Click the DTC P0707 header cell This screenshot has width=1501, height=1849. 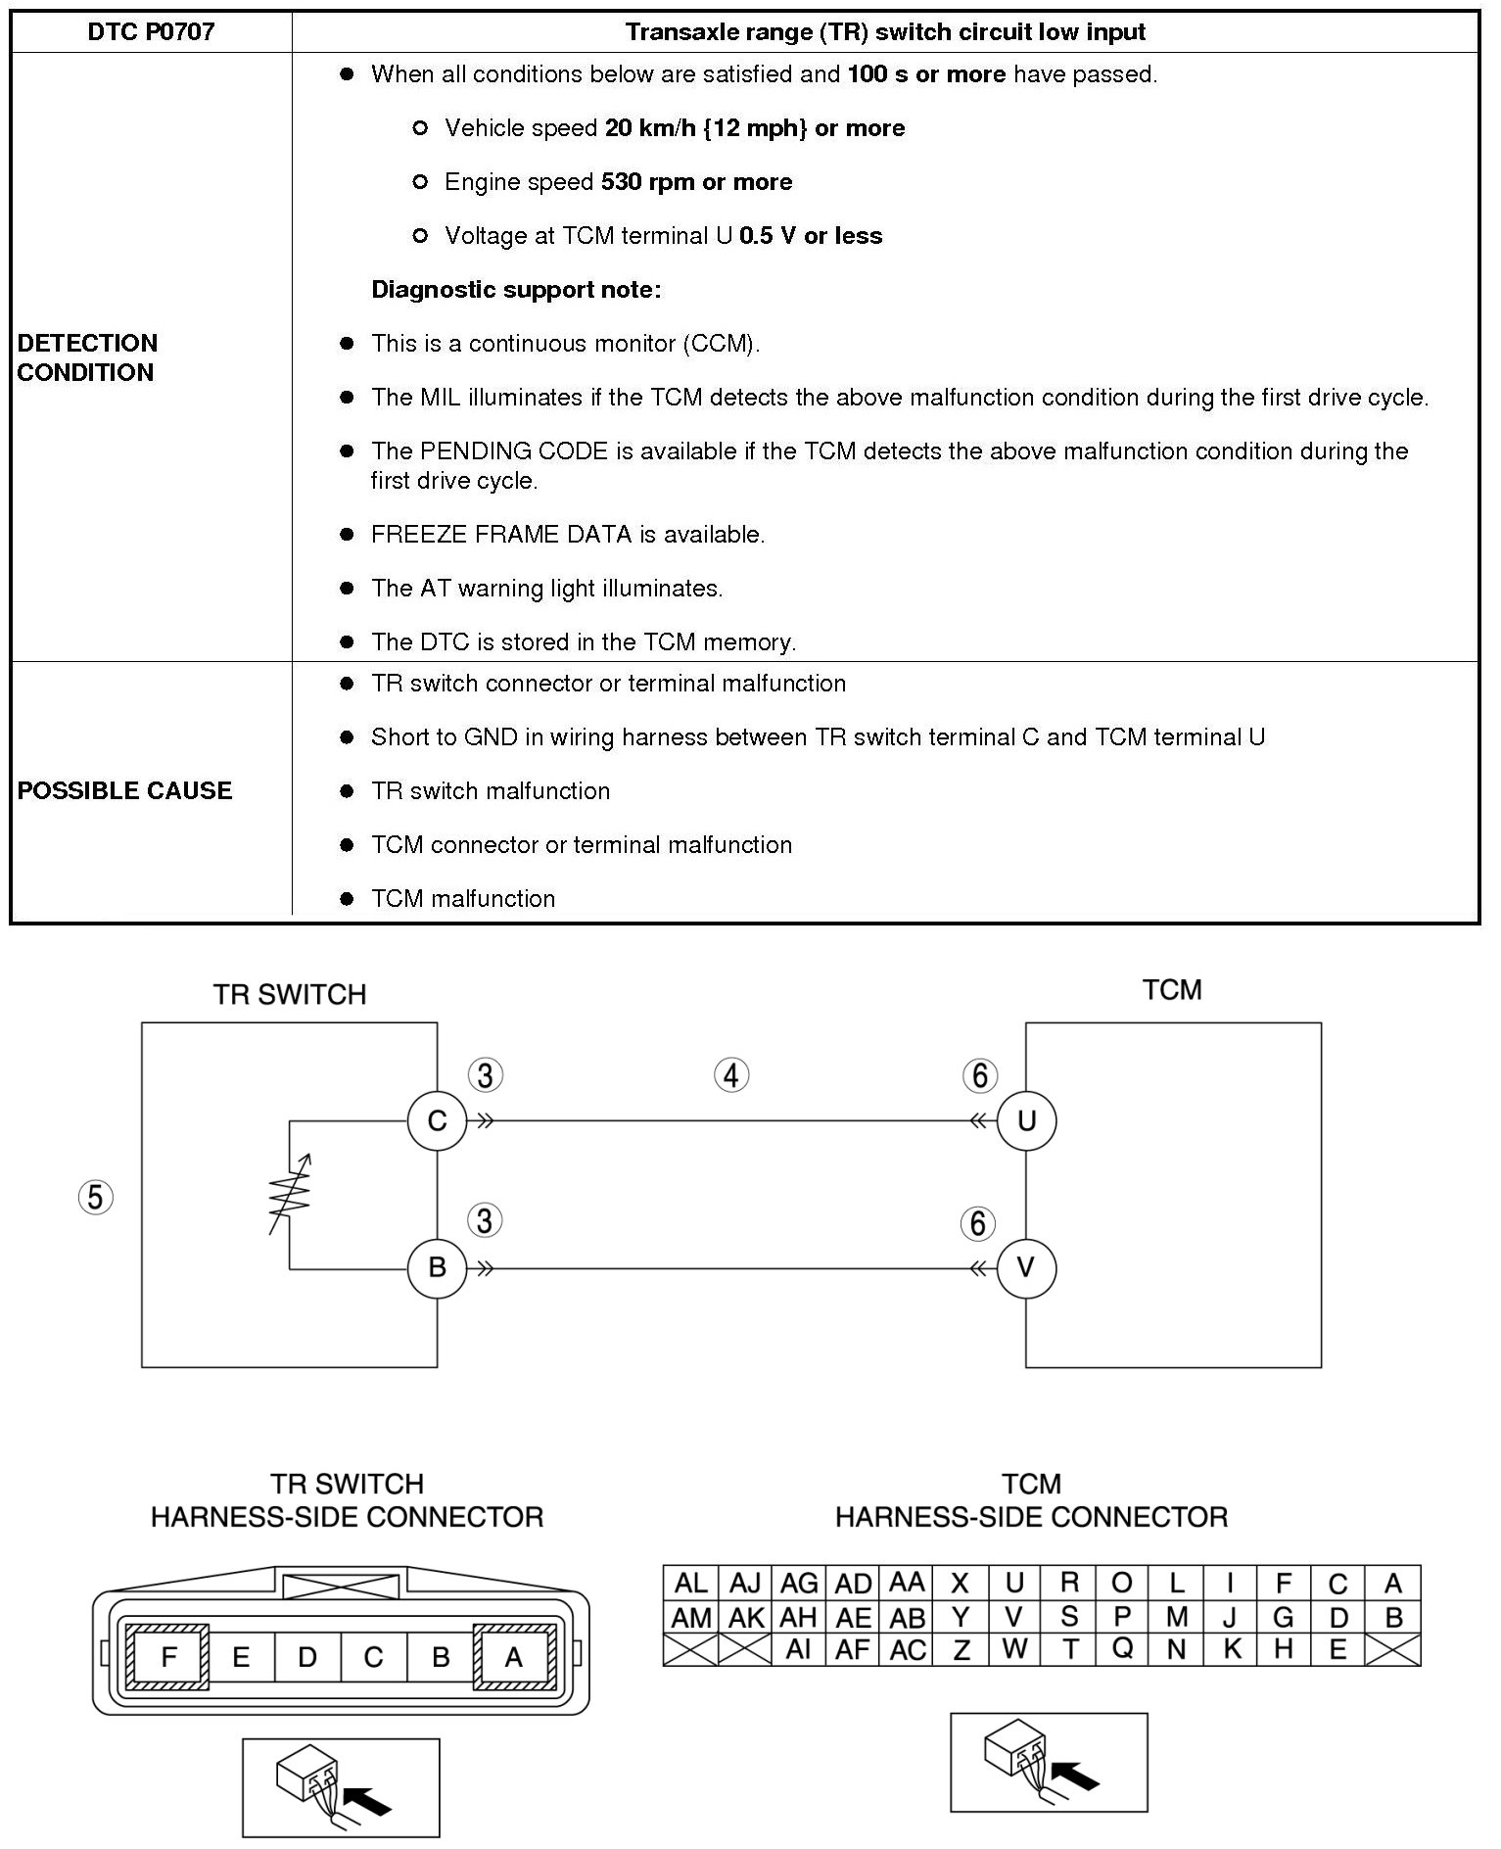[151, 32]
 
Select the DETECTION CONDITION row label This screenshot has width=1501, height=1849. [87, 357]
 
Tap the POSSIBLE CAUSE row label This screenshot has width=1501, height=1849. [124, 790]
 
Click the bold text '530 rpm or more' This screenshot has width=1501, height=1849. [696, 182]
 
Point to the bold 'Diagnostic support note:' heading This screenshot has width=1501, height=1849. [516, 290]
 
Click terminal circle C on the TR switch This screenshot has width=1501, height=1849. [437, 1120]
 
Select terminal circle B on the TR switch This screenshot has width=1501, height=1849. [437, 1267]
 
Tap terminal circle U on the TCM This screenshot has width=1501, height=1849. [1026, 1120]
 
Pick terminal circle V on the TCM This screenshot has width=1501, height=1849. [1026, 1267]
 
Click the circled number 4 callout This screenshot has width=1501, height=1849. [731, 1075]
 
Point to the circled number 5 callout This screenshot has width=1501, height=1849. [95, 1197]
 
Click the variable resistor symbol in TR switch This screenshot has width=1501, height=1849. [291, 1195]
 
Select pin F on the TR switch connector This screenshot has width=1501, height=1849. [168, 1657]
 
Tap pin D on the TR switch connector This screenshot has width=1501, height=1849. [307, 1657]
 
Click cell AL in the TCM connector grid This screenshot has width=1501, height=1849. [690, 1583]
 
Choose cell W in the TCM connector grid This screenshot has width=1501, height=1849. [1014, 1650]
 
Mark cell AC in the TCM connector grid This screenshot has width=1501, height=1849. [908, 1650]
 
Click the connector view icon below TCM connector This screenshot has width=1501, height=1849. [1048, 1762]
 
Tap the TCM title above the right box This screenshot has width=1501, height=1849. [1171, 989]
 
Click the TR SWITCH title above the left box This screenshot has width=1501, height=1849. [290, 994]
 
